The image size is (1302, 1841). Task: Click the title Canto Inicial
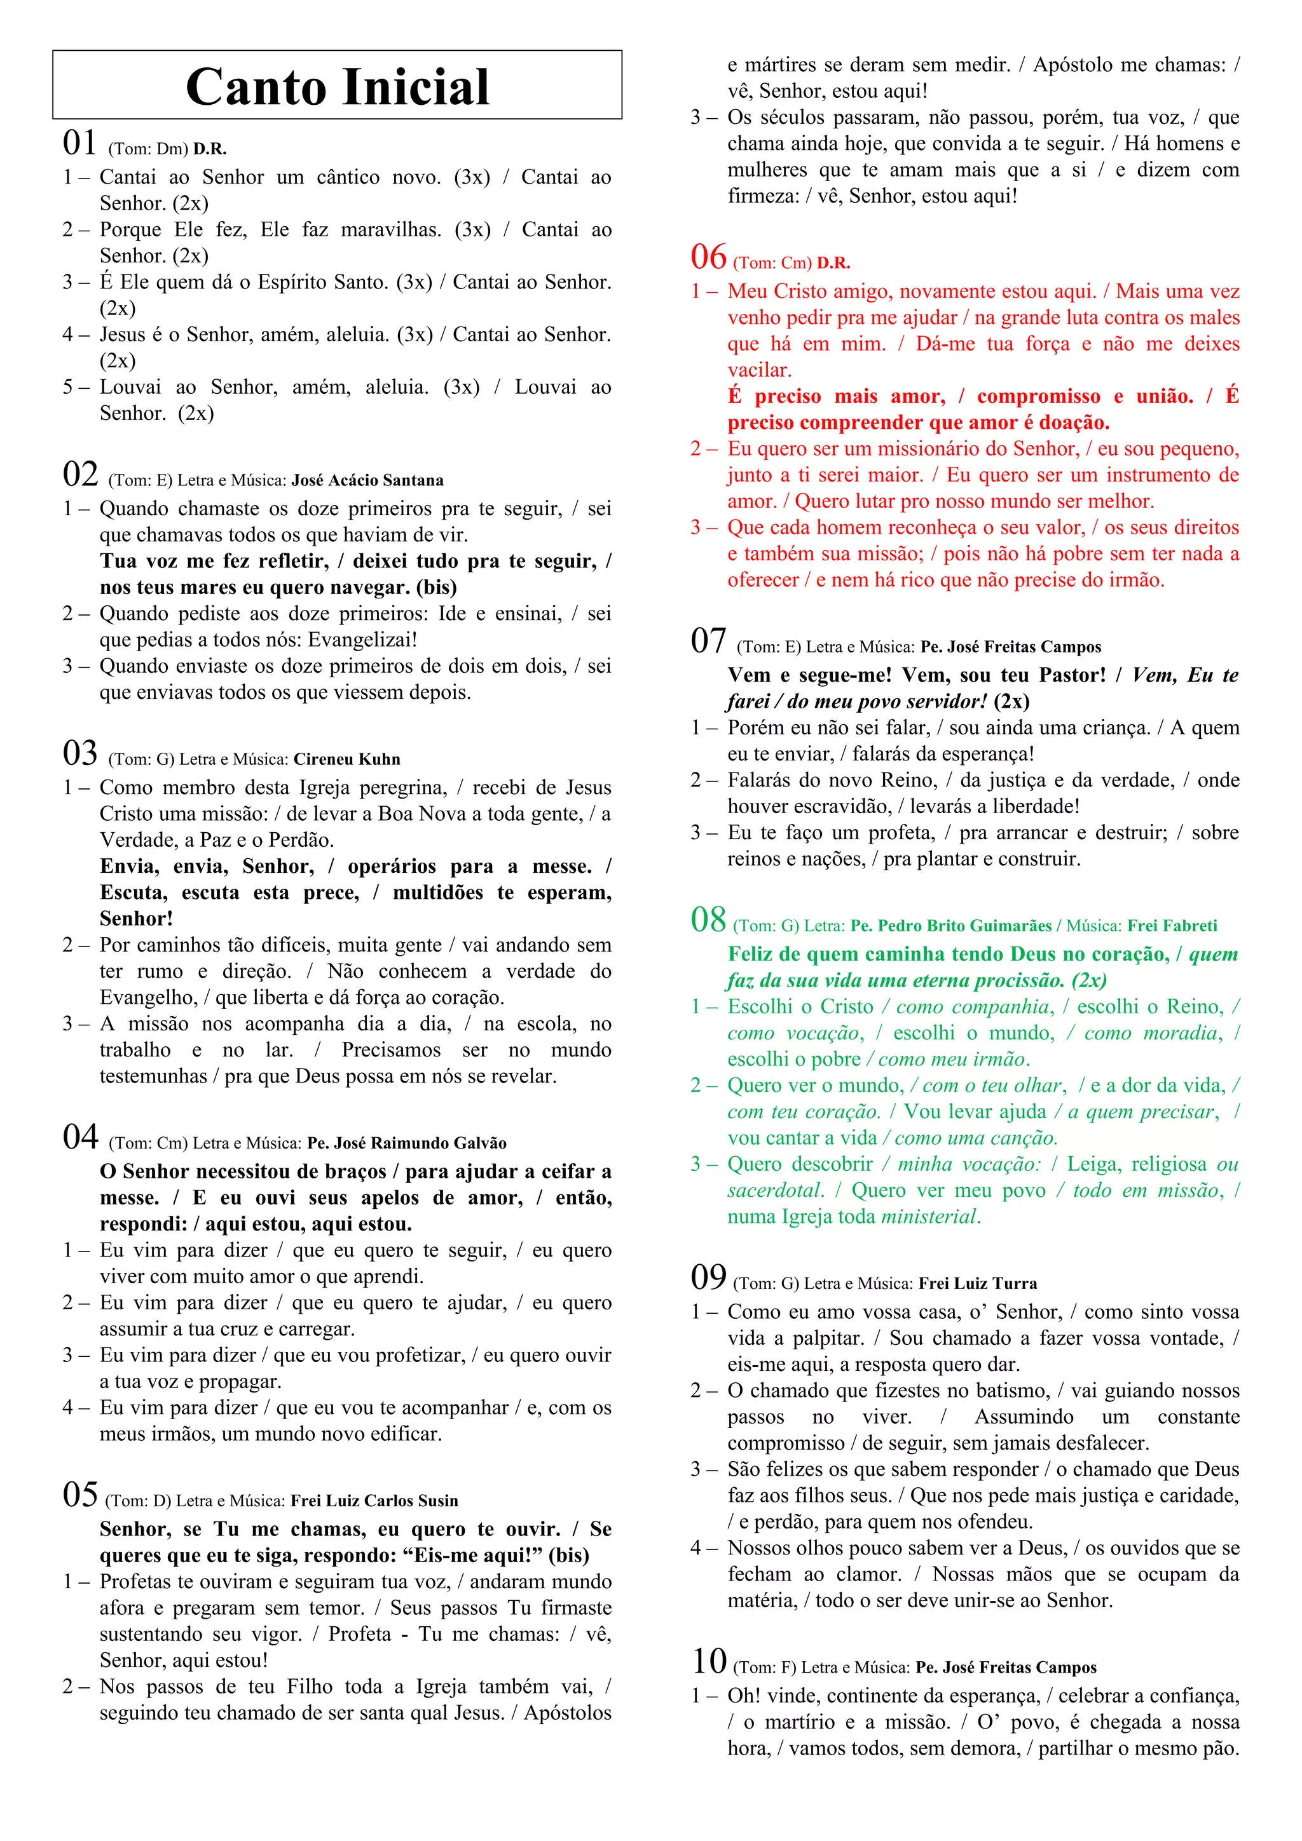coord(337,86)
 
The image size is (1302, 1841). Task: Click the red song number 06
coord(708,257)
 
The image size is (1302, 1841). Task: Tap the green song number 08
coord(708,920)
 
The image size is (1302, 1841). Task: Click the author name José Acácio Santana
coord(367,480)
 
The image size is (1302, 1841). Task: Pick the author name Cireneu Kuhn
coord(346,759)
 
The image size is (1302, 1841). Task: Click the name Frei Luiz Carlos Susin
coord(374,1501)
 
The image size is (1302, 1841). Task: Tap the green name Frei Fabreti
coord(1172,926)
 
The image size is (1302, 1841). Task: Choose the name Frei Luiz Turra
coord(977,1283)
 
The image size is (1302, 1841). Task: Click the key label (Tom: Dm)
coord(148,149)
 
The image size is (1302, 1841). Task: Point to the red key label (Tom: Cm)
coord(772,263)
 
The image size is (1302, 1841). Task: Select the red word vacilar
coord(759,370)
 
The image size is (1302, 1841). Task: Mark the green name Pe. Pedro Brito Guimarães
coord(950,926)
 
